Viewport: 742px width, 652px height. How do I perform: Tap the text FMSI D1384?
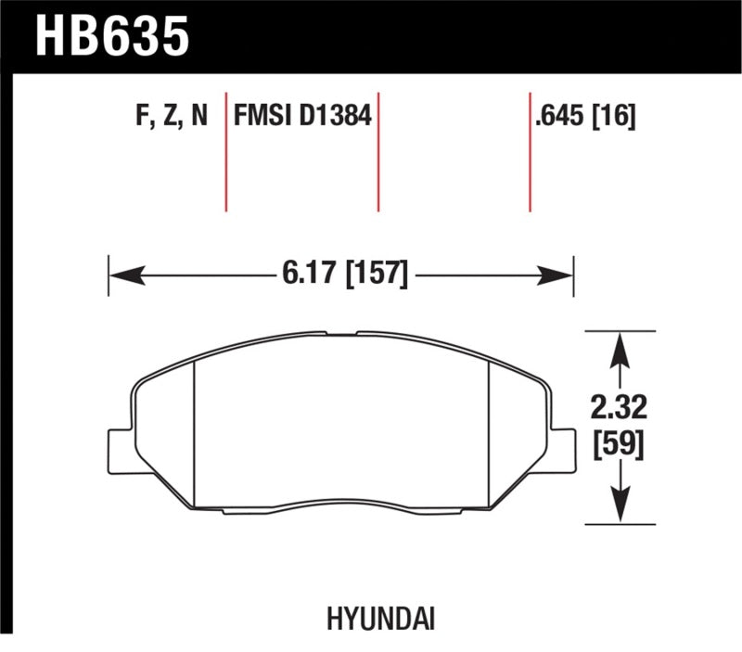pyautogui.click(x=302, y=117)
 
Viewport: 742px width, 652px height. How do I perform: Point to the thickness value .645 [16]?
pyautogui.click(x=583, y=117)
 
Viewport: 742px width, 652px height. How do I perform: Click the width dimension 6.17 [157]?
pyautogui.click(x=342, y=275)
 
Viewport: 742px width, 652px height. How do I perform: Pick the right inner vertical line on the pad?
pyautogui.click(x=489, y=431)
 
